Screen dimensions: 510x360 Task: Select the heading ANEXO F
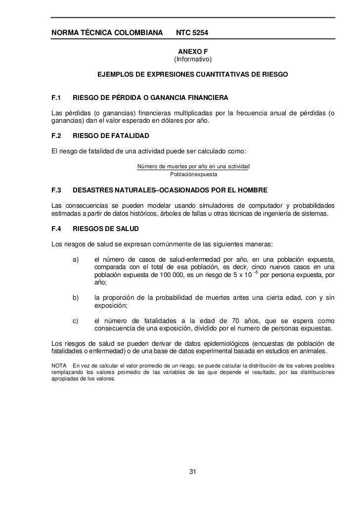click(x=192, y=51)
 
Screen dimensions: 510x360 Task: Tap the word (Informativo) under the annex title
click(x=192, y=60)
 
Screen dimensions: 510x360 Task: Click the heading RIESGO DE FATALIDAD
click(x=110, y=136)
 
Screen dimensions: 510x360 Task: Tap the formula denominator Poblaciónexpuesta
click(x=193, y=175)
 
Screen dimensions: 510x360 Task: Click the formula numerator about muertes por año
click(x=193, y=166)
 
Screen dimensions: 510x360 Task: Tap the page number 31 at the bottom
click(x=193, y=470)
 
